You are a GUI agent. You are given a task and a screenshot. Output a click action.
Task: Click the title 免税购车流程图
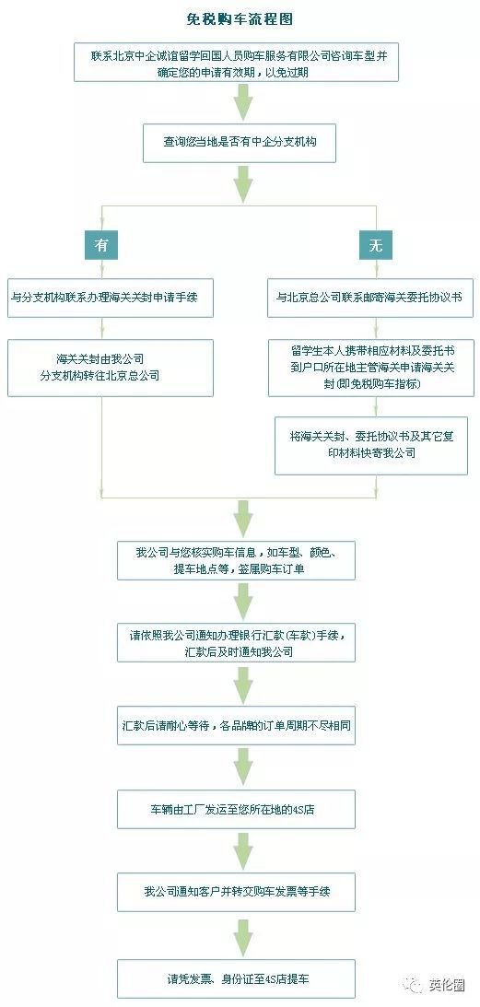(239, 19)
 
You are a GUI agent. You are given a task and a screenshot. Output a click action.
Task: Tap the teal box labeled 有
(101, 245)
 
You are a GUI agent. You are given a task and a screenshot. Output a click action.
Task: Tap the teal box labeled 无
(375, 245)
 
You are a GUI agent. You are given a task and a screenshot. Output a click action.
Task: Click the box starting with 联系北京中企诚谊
(239, 63)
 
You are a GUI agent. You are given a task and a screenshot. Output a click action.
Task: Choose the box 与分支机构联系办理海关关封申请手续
(111, 298)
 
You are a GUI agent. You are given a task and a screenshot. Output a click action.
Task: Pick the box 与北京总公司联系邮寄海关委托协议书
(369, 298)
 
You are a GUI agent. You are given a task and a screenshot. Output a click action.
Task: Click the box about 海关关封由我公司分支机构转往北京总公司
(111, 368)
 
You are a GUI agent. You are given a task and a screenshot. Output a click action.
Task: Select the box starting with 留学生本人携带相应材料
(369, 368)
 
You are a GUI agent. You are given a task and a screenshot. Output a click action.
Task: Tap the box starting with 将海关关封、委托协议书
(370, 445)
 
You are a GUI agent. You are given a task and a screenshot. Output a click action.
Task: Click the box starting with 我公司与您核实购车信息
(236, 560)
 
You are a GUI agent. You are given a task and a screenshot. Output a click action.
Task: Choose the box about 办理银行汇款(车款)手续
(236, 642)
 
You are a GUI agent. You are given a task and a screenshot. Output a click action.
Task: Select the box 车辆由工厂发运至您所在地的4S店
(236, 809)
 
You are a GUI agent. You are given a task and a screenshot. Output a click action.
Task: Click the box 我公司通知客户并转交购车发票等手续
(236, 892)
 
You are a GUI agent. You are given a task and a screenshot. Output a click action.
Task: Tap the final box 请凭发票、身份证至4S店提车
(236, 978)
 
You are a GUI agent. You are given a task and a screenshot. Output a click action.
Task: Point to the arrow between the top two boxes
(241, 102)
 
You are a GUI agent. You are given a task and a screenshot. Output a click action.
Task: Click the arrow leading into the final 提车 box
(241, 936)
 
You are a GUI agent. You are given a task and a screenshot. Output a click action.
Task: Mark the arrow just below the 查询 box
(241, 184)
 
